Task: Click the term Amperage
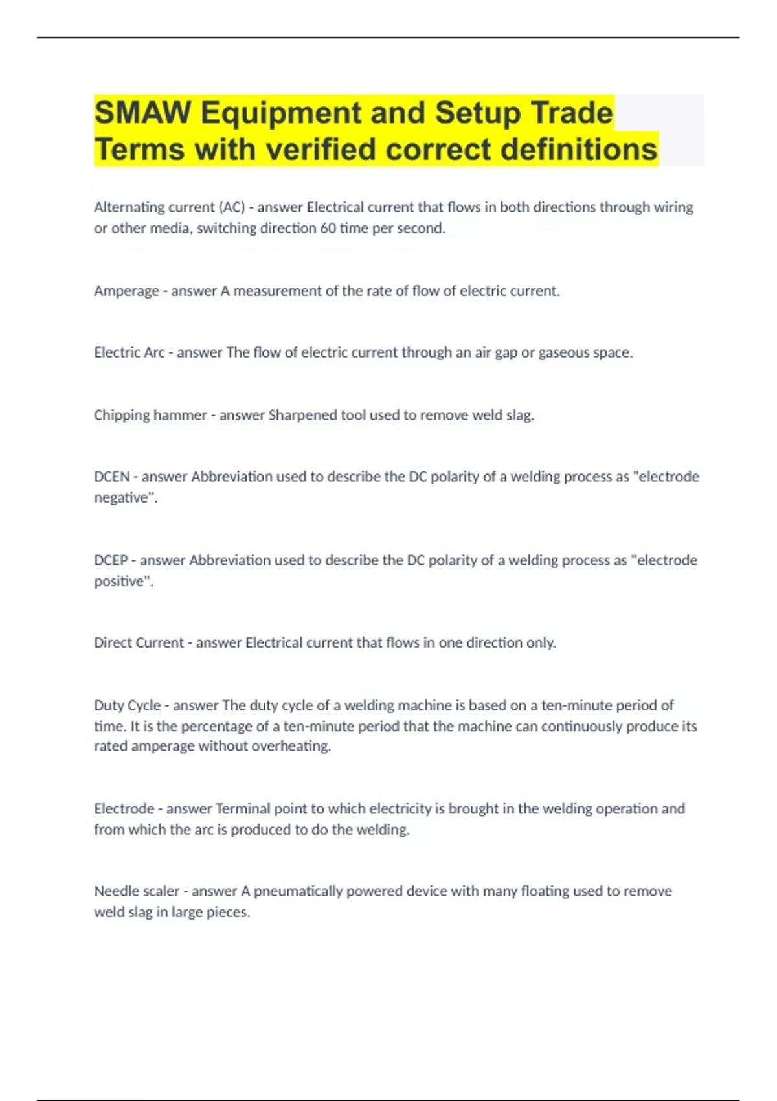(x=126, y=291)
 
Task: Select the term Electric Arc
(x=129, y=352)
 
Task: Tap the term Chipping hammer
(x=150, y=415)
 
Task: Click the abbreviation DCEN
(x=112, y=477)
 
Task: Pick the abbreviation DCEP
(x=111, y=560)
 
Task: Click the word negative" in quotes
(x=126, y=497)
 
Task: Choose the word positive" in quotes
(x=124, y=581)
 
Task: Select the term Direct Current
(x=139, y=642)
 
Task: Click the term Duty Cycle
(x=128, y=705)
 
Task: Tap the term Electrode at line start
(x=124, y=809)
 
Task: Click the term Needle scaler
(x=137, y=891)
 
